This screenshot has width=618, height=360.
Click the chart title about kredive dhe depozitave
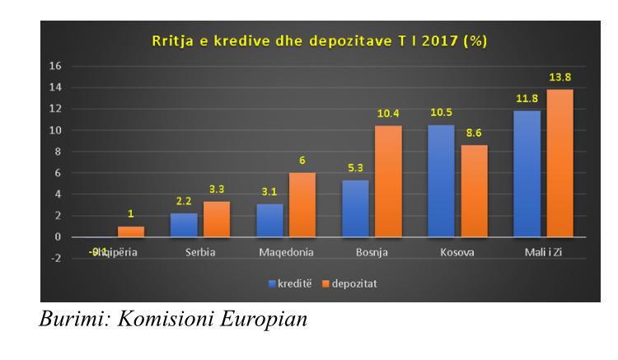[x=317, y=40]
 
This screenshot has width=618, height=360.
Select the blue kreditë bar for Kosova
[x=441, y=180]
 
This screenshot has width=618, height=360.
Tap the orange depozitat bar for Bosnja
[x=389, y=181]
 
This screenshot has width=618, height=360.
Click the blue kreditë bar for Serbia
[x=184, y=225]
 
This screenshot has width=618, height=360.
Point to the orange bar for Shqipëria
[x=131, y=231]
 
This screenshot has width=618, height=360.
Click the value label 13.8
[x=560, y=77]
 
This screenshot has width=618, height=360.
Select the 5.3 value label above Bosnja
[x=355, y=169]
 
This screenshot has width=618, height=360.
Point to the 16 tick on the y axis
[x=56, y=66]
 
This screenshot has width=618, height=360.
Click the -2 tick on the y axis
[x=55, y=259]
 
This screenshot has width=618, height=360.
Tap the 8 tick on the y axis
[x=58, y=152]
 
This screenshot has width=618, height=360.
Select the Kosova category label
[x=458, y=252]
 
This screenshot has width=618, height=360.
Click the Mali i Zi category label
[x=544, y=252]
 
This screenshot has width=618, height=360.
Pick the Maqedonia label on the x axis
[x=286, y=252]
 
